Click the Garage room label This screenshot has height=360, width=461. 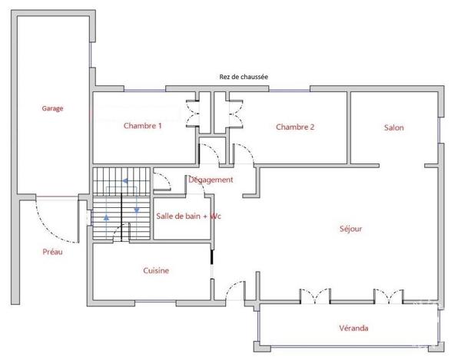click(x=52, y=108)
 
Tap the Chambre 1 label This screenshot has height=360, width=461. click(x=143, y=126)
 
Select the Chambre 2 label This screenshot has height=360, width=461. click(x=295, y=127)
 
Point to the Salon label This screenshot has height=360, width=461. click(x=393, y=127)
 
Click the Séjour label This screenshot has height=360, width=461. click(x=351, y=229)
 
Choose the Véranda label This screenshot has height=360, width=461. click(x=353, y=328)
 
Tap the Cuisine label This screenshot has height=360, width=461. click(x=156, y=270)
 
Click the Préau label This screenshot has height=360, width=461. click(x=52, y=252)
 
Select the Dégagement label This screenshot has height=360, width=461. click(x=211, y=180)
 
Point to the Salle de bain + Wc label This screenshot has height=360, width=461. click(x=188, y=216)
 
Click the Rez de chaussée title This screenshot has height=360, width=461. click(x=244, y=77)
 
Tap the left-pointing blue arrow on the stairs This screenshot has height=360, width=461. click(x=125, y=181)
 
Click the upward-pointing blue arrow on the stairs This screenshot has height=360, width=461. click(x=107, y=217)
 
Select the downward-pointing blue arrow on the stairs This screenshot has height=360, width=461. click(x=137, y=210)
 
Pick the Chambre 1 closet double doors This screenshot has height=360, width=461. click(x=193, y=114)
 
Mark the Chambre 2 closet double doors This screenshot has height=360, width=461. click(x=236, y=114)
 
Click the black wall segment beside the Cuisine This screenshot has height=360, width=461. click(x=212, y=257)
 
